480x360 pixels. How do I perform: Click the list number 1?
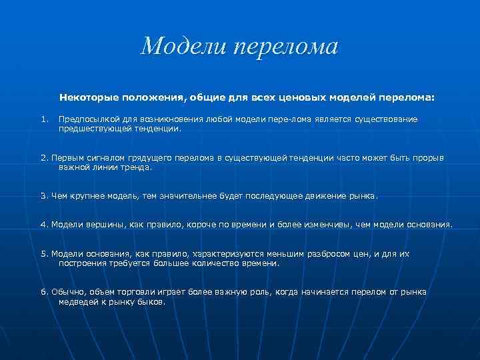[x=43, y=119]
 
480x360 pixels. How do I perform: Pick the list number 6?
[x=44, y=292]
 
